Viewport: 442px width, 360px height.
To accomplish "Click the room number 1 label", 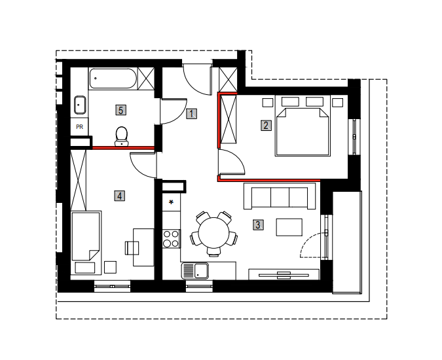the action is tap(192, 114).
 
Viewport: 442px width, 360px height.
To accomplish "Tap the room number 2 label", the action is tap(266, 126).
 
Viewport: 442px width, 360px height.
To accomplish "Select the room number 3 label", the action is tap(258, 225).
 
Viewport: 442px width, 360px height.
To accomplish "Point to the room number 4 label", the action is tap(120, 196).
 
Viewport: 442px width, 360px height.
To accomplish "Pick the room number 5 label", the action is tap(120, 110).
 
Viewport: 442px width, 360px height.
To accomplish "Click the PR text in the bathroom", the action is tap(79, 127).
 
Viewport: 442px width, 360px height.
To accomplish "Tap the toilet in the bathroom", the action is tap(122, 136).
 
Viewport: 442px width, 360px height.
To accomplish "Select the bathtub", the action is tap(113, 79).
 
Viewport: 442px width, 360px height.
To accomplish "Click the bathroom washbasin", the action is tap(80, 105).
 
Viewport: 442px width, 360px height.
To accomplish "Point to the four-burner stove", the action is tap(171, 239).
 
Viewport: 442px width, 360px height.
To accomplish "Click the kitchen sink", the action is tap(195, 271).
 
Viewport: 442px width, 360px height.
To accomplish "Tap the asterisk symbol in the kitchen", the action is tap(171, 202).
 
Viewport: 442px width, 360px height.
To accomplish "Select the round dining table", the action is tap(213, 233).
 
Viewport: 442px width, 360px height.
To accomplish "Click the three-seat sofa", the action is tap(280, 196).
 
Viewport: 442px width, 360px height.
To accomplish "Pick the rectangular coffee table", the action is tap(289, 227).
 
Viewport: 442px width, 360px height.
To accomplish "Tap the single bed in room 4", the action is tap(86, 243).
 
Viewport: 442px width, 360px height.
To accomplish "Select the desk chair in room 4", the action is tap(132, 248).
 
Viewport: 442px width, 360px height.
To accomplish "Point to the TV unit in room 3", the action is tap(284, 274).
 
